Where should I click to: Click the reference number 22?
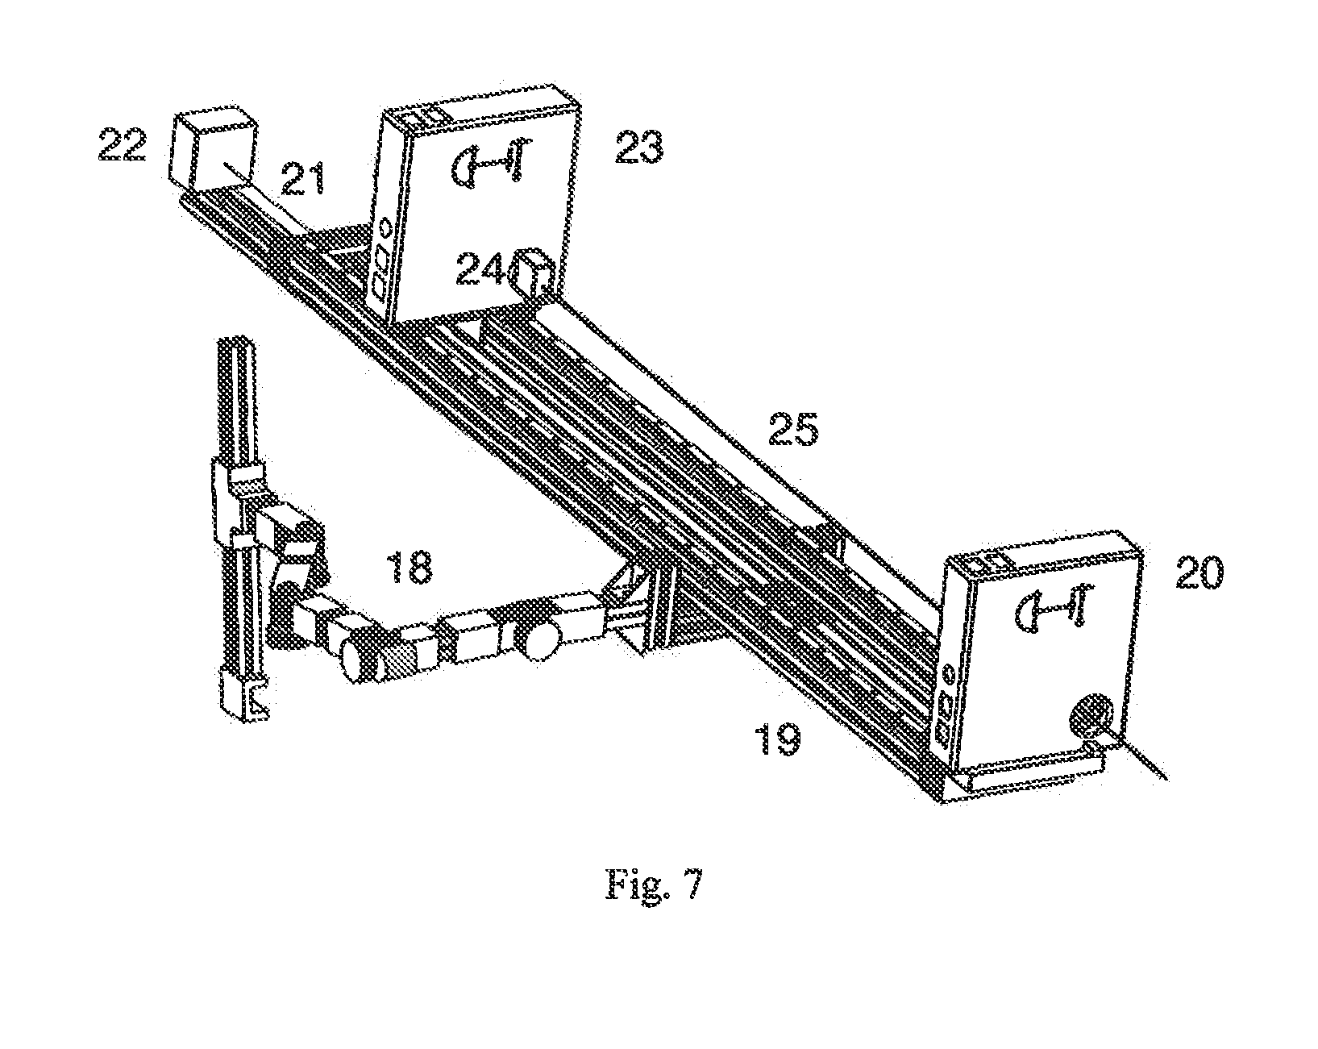(123, 144)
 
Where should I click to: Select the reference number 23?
(638, 148)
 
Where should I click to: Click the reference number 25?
(794, 429)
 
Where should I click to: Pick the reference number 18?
(410, 567)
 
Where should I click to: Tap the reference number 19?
(778, 739)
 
